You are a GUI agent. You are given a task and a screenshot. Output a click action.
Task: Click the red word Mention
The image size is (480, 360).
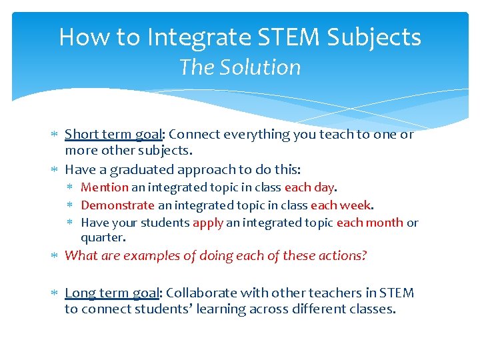tap(105, 188)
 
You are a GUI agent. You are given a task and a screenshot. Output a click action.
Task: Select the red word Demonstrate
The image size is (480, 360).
tap(117, 205)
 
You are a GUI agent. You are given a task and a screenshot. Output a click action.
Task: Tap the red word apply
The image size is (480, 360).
tap(207, 223)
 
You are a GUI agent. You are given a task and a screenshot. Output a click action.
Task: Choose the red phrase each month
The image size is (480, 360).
tap(370, 223)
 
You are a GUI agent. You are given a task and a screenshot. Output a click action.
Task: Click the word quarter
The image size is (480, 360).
tap(103, 237)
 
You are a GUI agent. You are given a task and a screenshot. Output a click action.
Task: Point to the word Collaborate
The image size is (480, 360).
tap(199, 293)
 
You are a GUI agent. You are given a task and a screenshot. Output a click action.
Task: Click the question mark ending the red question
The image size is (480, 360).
tap(364, 256)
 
